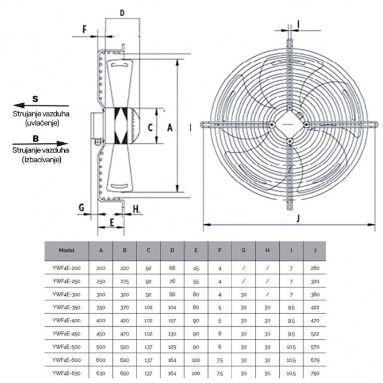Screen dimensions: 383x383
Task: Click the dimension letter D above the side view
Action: point(122,12)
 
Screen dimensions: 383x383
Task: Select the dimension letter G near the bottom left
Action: point(81,206)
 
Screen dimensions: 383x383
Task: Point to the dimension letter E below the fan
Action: point(112,221)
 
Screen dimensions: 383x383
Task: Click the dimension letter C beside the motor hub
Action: point(148,127)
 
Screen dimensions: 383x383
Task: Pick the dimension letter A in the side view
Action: point(169,129)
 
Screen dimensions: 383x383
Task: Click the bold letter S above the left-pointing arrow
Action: point(36,97)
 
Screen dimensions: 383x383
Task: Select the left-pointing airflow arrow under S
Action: point(40,106)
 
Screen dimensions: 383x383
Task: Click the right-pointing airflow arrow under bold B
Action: point(40,143)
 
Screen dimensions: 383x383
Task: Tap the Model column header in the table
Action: point(67,251)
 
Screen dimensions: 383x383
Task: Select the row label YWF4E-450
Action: point(67,333)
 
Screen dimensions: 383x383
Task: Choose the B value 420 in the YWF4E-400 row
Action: point(124,320)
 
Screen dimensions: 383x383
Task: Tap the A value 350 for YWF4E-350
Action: point(101,307)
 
